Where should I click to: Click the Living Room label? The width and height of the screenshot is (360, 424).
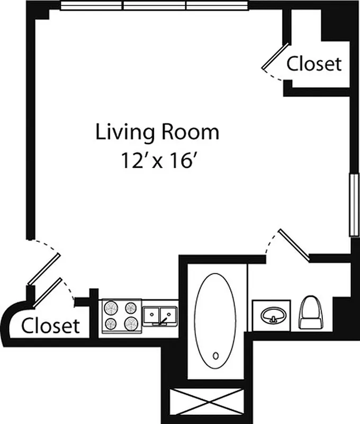click(157, 132)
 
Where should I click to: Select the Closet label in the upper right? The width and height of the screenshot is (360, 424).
click(314, 64)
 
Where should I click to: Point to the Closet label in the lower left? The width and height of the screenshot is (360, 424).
click(50, 325)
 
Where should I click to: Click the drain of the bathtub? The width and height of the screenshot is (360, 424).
click(215, 356)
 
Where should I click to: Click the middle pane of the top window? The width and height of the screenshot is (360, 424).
click(155, 5)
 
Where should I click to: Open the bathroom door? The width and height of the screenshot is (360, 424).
click(294, 245)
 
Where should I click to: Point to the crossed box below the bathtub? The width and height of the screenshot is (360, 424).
click(207, 404)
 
